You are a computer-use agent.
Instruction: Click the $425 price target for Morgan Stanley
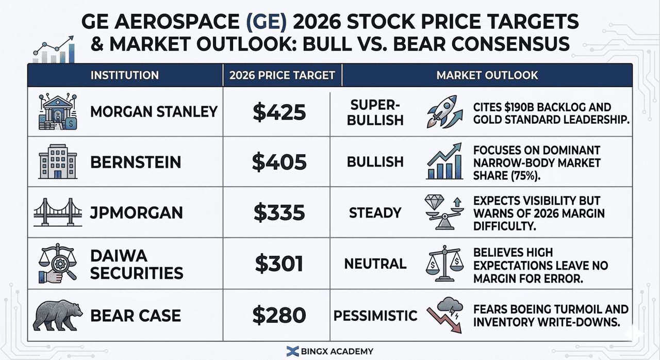[279, 112]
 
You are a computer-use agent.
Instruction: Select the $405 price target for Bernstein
[279, 162]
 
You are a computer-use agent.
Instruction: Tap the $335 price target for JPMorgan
[279, 212]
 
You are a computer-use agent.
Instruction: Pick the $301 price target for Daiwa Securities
[279, 264]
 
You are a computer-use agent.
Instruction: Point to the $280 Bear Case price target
[279, 315]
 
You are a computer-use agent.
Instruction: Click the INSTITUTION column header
[124, 75]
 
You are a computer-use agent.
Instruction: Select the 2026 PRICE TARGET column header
[282, 75]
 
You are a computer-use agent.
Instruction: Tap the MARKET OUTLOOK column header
[487, 75]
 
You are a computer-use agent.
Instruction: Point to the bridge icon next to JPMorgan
[58, 212]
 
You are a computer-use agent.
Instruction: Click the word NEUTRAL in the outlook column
[375, 264]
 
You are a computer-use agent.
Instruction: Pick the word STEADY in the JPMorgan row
[375, 212]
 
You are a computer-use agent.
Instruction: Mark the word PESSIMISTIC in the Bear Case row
[375, 315]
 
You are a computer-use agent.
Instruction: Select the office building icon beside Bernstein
[58, 162]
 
